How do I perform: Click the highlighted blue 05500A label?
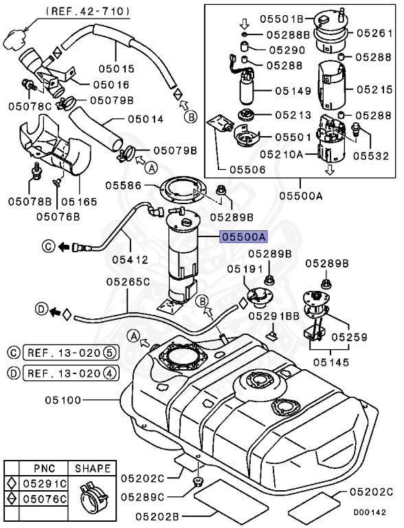243,236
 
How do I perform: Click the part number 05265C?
127,282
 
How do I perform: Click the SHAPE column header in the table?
92,469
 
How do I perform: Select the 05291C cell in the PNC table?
47,484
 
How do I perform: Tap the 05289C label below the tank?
144,496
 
